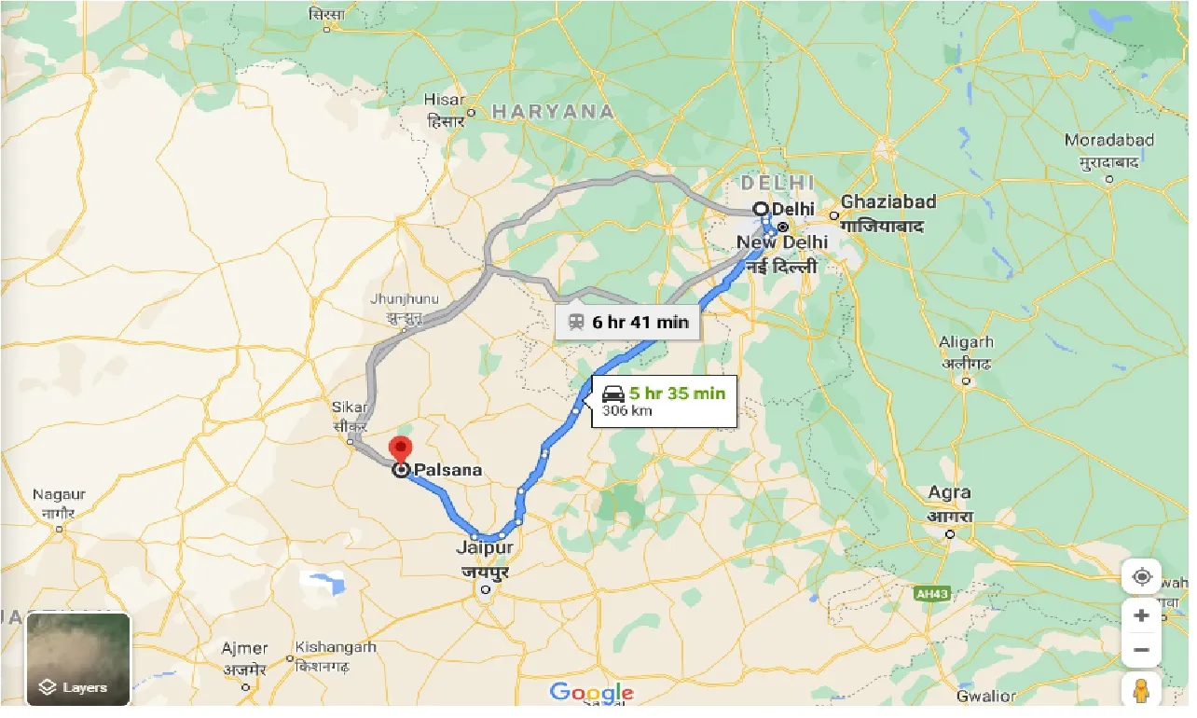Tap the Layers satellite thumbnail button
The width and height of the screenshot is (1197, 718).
point(78,658)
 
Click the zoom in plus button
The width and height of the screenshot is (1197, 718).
point(1141,615)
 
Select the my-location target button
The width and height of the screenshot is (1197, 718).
point(1141,577)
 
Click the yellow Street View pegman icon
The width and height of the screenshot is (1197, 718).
point(1141,691)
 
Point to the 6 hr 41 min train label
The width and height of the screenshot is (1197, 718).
point(640,322)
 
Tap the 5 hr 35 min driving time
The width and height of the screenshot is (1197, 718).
point(676,393)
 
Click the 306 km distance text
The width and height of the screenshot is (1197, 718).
point(626,410)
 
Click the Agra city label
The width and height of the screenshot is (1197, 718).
point(949,492)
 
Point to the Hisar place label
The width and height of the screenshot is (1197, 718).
point(445,99)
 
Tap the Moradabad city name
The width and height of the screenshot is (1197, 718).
point(1109,140)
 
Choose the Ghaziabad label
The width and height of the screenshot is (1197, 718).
point(887,201)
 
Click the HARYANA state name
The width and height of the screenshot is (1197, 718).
point(553,112)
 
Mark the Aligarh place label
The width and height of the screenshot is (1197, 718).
point(967,342)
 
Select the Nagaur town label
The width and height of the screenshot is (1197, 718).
point(59,494)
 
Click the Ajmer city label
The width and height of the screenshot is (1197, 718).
point(244,648)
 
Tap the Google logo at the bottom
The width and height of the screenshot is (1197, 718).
point(591,692)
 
